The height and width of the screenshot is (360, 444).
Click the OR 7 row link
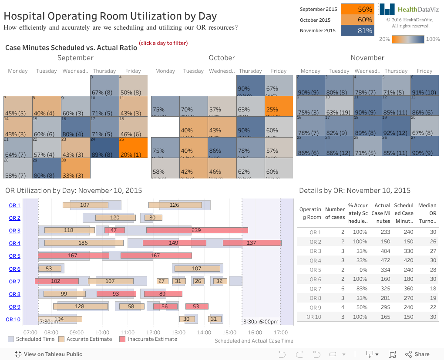tap(14, 282)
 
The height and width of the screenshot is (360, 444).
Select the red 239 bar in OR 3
tap(197, 230)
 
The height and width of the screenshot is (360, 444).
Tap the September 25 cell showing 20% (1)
tap(133, 148)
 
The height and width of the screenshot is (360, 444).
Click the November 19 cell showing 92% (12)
tap(396, 126)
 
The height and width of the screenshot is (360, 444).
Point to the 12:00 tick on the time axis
tap(153, 332)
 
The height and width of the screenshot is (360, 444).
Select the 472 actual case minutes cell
tap(383, 260)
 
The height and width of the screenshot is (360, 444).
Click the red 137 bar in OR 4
tap(252, 243)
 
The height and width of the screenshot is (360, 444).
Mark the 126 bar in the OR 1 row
tap(175, 205)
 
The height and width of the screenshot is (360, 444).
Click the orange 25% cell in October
tap(279, 106)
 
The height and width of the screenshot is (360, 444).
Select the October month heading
tap(222, 57)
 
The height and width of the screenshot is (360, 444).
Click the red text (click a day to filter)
tap(163, 43)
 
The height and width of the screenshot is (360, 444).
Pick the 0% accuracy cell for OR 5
tap(359, 270)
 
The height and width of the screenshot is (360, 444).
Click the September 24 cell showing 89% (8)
tap(104, 148)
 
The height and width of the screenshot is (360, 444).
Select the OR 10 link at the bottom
tap(13, 320)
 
